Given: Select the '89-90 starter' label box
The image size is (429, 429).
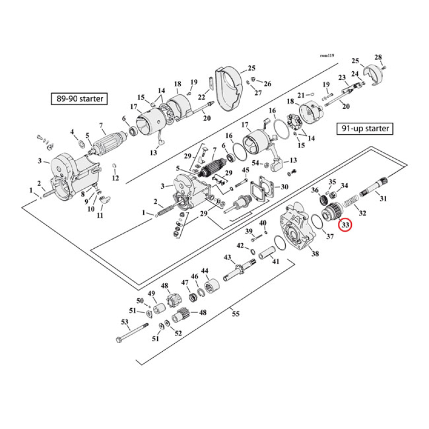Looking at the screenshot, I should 78,99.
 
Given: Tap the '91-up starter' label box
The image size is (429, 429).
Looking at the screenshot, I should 365,129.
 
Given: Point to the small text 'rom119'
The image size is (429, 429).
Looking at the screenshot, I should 326,55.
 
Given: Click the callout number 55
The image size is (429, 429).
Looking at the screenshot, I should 235,314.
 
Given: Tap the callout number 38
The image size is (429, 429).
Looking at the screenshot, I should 315,254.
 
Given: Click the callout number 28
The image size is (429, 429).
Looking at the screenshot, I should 378,58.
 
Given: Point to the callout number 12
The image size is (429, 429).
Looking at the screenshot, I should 115,177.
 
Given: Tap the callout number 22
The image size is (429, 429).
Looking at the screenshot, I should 202,97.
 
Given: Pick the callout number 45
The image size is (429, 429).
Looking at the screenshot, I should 245,171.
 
